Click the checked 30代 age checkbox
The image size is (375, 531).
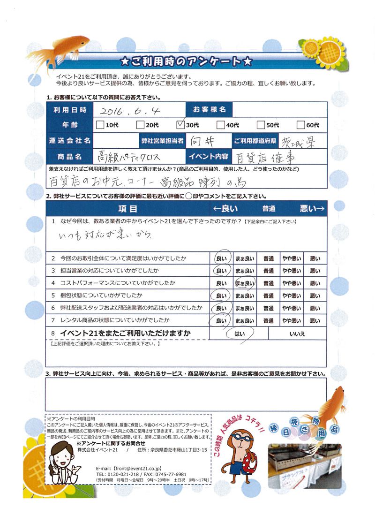(180, 125)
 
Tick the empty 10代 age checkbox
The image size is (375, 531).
(99, 125)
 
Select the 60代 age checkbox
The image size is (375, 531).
(301, 125)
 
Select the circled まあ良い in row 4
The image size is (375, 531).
(244, 283)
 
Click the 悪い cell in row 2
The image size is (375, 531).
(315, 258)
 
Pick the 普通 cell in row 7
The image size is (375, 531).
(268, 321)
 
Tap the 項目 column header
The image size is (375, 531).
(127, 208)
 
